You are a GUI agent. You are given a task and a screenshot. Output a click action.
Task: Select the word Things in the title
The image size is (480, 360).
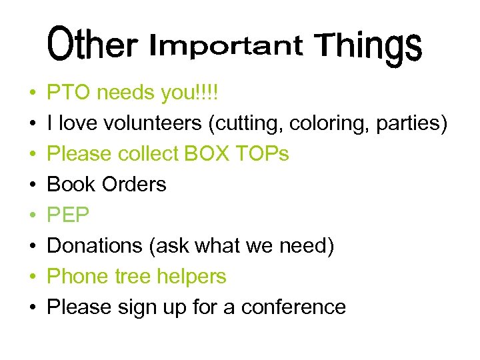coord(369,47)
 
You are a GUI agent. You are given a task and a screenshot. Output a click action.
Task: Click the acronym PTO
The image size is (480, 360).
coord(69,93)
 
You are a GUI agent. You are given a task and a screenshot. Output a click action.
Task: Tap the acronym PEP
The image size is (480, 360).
coord(69,215)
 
